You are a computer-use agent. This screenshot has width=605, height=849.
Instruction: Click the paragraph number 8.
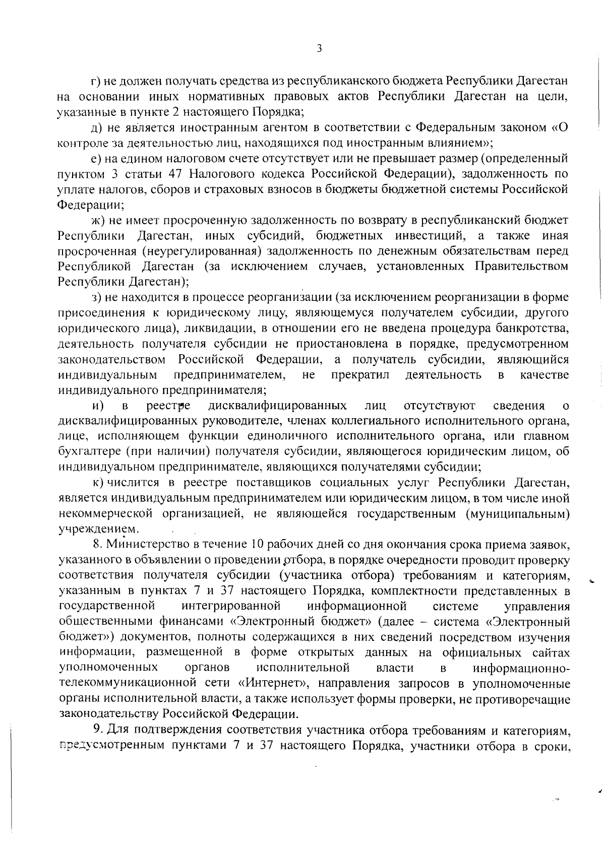pos(97,545)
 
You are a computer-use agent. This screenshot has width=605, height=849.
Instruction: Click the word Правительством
pos(522,267)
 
